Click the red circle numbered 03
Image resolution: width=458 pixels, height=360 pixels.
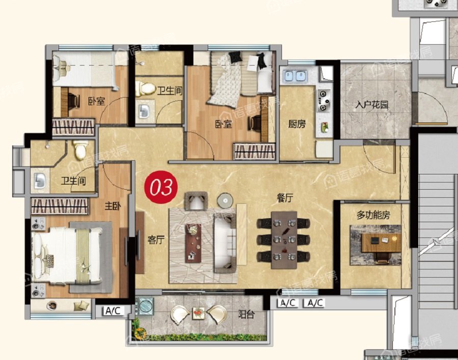(x=161, y=187)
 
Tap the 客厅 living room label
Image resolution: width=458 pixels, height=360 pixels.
(x=156, y=240)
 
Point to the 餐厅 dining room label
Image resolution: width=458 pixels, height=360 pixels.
(x=285, y=198)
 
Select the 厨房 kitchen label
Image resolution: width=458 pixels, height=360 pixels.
(x=297, y=124)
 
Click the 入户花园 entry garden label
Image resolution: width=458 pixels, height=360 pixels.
(x=371, y=105)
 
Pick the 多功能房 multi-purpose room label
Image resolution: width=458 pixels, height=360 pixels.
(x=374, y=215)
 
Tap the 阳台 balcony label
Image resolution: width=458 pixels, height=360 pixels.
(x=246, y=314)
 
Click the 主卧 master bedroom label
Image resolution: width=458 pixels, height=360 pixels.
(x=113, y=206)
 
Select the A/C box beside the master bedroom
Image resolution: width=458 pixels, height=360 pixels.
(x=113, y=311)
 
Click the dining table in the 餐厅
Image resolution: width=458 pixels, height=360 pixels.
(x=284, y=240)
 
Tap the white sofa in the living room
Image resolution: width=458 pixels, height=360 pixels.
(x=225, y=243)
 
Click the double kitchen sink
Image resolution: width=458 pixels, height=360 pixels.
(x=295, y=76)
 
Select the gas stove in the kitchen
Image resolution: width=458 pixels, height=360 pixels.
(x=324, y=101)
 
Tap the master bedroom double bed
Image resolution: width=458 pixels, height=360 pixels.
(x=68, y=257)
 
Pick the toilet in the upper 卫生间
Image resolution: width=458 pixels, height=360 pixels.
(x=146, y=88)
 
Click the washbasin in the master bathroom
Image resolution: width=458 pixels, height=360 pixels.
(x=39, y=181)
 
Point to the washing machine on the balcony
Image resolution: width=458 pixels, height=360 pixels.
(x=145, y=306)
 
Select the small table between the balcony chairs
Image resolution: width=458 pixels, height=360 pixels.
(x=198, y=313)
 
